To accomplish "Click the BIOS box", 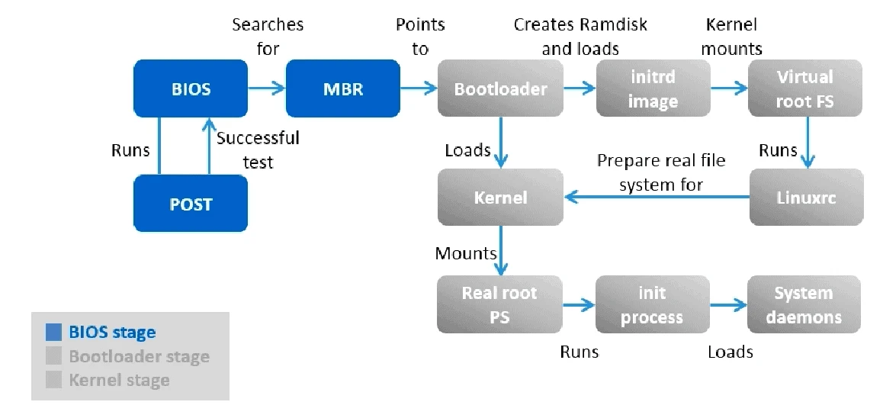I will pyautogui.click(x=191, y=89).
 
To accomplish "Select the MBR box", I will pyautogui.click(x=342, y=89).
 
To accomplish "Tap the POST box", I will pyautogui.click(x=191, y=204).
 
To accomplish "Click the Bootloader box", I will pyautogui.click(x=500, y=89).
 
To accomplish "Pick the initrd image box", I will pyautogui.click(x=653, y=89).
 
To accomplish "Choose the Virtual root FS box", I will pyautogui.click(x=805, y=89).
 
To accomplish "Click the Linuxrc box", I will pyautogui.click(x=806, y=198).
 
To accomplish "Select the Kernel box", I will pyautogui.click(x=500, y=198).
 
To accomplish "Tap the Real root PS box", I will pyautogui.click(x=499, y=305).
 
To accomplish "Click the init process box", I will pyautogui.click(x=652, y=305).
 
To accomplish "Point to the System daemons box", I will pyautogui.click(x=804, y=305).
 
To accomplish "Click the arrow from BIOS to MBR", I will pyautogui.click(x=266, y=89).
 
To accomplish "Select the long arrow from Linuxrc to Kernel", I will pyautogui.click(x=656, y=198).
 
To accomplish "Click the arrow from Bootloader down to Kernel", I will pyautogui.click(x=500, y=142).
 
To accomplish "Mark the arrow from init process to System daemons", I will pyautogui.click(x=728, y=305).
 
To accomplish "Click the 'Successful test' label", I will pyautogui.click(x=258, y=150).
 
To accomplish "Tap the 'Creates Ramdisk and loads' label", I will pyautogui.click(x=580, y=37).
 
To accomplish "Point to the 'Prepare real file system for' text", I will pyautogui.click(x=661, y=172).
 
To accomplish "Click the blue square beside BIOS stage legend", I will pyautogui.click(x=53, y=333).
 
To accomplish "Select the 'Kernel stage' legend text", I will pyautogui.click(x=119, y=380).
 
